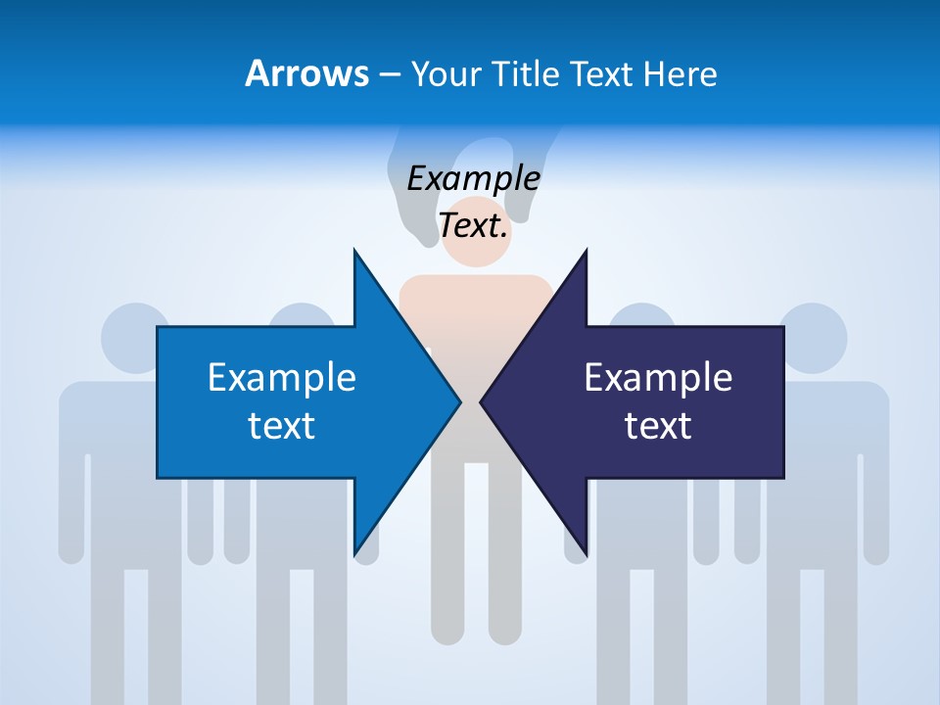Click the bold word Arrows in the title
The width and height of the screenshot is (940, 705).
(307, 73)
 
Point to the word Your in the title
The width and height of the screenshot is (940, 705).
(444, 73)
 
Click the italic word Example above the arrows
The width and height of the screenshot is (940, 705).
(474, 179)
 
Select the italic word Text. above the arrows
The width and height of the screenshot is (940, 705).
(474, 226)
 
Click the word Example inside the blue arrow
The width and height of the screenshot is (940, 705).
(282, 377)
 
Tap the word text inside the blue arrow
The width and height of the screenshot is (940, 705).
(282, 426)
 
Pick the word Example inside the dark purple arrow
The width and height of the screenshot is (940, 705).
(658, 377)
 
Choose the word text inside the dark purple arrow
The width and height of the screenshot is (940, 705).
(658, 426)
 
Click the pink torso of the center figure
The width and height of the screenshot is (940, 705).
(476, 304)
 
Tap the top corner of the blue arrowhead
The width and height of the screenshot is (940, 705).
(354, 252)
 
